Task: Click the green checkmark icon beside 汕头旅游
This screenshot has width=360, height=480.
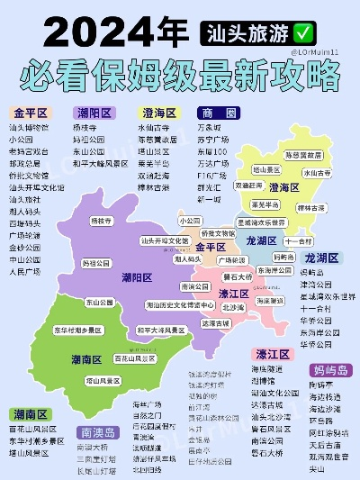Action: click(301, 32)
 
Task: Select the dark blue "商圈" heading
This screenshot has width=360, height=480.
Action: click(220, 113)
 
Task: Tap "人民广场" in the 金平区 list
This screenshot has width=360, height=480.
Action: click(24, 270)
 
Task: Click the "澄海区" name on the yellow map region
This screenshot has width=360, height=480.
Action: click(284, 187)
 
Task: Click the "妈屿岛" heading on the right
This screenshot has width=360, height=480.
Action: click(331, 370)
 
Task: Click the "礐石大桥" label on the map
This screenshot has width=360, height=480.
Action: click(239, 278)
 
